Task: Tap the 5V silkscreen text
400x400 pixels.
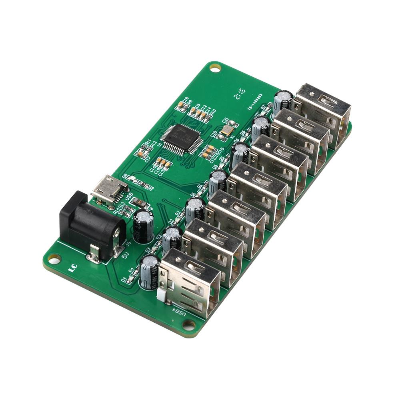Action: point(125,254)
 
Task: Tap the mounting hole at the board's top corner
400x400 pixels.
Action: point(216,68)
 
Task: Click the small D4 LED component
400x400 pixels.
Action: point(129,278)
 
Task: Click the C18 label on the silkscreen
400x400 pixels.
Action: point(185,100)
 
